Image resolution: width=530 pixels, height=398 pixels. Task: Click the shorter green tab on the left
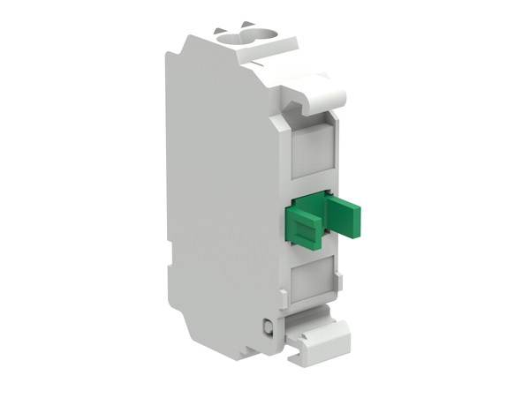[302, 228]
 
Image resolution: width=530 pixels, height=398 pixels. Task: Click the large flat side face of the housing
[221, 176]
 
